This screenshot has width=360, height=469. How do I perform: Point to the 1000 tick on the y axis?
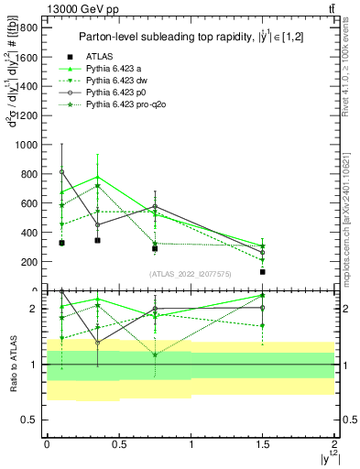[x=26, y=145]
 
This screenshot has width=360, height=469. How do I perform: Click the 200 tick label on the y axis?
[x=28, y=262]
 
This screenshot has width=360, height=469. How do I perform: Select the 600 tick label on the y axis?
[x=28, y=203]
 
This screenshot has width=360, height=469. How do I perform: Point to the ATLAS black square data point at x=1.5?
[x=263, y=272]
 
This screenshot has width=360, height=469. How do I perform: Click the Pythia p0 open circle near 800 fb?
[x=61, y=171]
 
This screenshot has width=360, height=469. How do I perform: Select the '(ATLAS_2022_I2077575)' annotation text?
[x=190, y=273]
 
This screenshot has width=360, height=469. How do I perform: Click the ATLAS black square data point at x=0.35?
[x=97, y=240]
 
